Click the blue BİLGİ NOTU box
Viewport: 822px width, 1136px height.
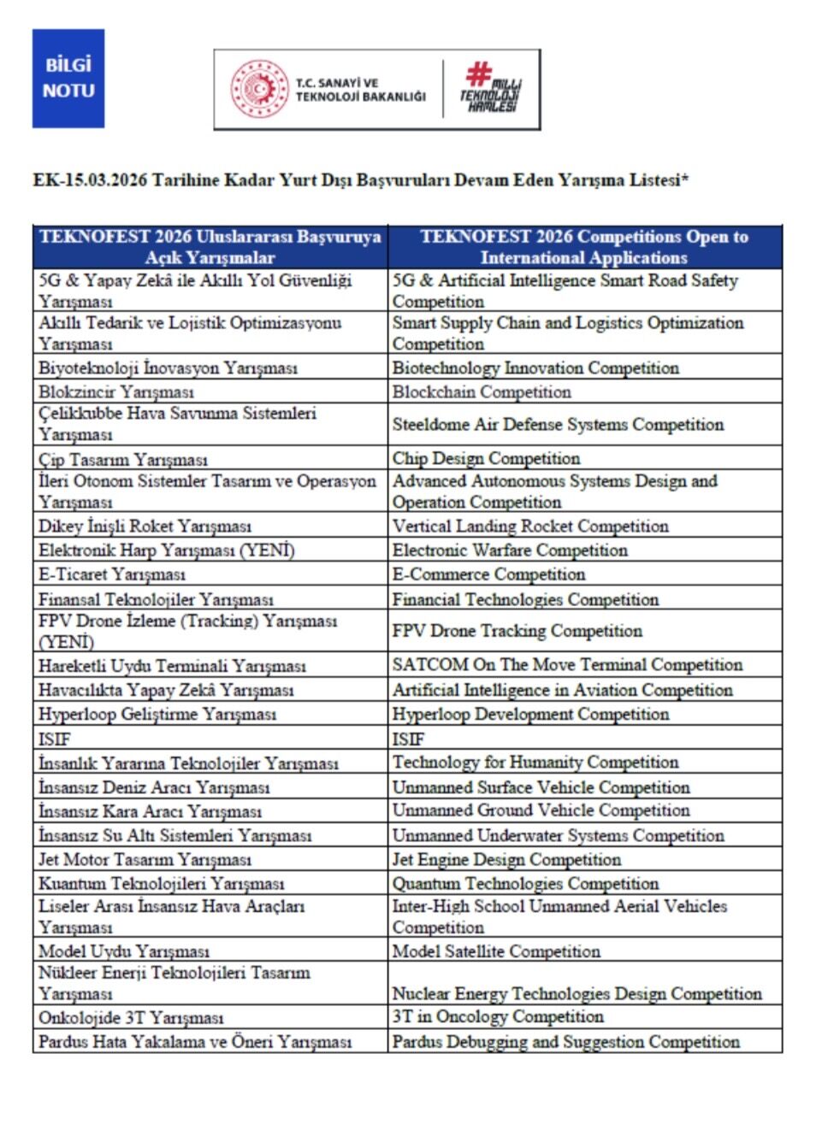pyautogui.click(x=68, y=78)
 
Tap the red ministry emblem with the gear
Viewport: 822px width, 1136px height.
pyautogui.click(x=260, y=89)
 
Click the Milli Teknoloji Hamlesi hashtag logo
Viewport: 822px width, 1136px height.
pyautogui.click(x=491, y=88)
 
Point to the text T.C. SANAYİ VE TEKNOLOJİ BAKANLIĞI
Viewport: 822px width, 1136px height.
pyautogui.click(x=360, y=90)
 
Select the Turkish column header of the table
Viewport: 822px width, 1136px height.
pyautogui.click(x=210, y=247)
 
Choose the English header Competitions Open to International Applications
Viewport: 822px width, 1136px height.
pyautogui.click(x=584, y=247)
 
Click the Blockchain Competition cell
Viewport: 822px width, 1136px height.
pyautogui.click(x=482, y=392)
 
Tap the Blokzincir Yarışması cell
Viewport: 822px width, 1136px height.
pyautogui.click(x=116, y=392)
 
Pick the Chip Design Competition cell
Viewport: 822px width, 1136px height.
pyautogui.click(x=486, y=459)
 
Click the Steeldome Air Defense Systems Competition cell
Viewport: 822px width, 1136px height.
pyautogui.click(x=558, y=425)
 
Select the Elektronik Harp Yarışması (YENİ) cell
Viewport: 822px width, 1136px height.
pyautogui.click(x=166, y=550)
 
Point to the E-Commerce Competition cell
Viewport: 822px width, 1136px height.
pyautogui.click(x=488, y=574)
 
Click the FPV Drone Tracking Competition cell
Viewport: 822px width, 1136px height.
pyautogui.click(x=517, y=631)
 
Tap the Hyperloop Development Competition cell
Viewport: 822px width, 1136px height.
pyautogui.click(x=530, y=715)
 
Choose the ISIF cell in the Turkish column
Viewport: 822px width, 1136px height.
pyautogui.click(x=55, y=739)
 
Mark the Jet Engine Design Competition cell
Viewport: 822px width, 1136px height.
pyautogui.click(x=506, y=859)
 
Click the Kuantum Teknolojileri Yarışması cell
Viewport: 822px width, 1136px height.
pyautogui.click(x=161, y=883)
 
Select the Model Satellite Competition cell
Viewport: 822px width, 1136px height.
pyautogui.click(x=496, y=951)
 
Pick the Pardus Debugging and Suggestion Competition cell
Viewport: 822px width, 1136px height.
pyautogui.click(x=565, y=1042)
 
